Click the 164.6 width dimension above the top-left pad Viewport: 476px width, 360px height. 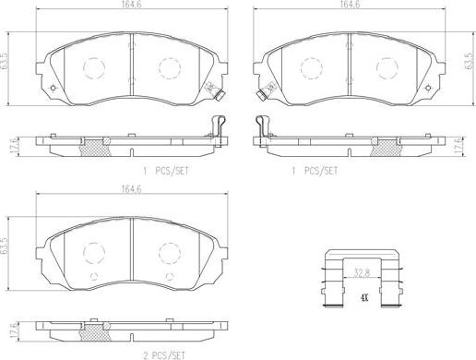129,6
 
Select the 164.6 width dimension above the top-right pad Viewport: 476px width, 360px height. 349,6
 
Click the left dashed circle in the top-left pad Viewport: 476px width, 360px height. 94,66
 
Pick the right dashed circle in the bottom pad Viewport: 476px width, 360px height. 167,251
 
